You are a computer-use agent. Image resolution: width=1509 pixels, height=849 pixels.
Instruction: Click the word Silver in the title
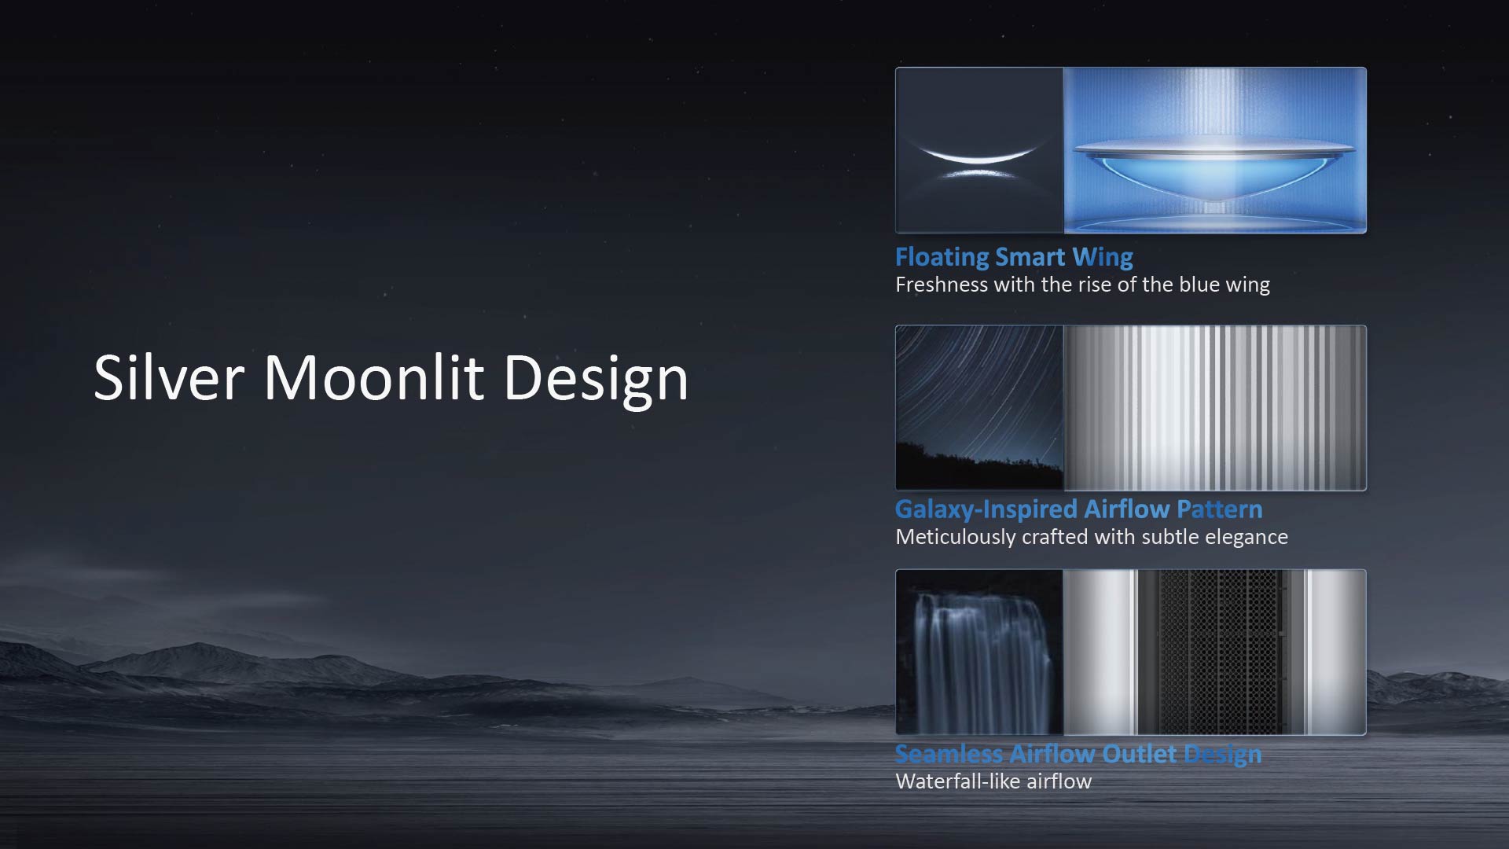point(169,377)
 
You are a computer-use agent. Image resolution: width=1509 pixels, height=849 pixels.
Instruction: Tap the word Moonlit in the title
point(373,377)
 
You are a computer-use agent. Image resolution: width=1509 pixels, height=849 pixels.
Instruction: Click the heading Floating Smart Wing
point(1014,257)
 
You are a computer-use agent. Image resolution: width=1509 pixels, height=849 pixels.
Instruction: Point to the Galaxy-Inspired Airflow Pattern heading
point(1079,509)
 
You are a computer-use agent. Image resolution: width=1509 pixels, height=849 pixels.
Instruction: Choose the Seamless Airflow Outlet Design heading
point(1078,754)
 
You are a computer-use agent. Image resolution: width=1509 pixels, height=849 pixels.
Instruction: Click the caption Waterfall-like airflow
point(993,781)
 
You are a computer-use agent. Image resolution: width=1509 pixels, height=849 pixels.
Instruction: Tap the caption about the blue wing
point(1082,285)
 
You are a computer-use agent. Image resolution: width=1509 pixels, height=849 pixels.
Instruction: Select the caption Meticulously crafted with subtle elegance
point(1092,537)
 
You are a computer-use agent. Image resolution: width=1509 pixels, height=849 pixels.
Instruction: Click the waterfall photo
point(979,652)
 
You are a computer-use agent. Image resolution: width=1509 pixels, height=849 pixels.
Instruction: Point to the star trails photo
point(979,408)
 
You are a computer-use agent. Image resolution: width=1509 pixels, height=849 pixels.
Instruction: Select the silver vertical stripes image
point(1215,408)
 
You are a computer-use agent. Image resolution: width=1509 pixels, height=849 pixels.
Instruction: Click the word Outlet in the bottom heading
point(1140,754)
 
